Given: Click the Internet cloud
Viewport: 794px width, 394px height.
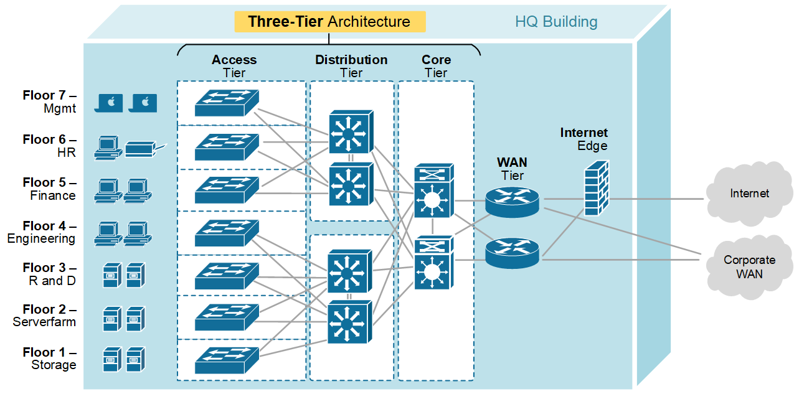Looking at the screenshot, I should (749, 194).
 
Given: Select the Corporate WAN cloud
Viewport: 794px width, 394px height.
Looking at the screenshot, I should (749, 266).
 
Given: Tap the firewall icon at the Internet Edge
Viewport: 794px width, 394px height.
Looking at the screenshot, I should (596, 188).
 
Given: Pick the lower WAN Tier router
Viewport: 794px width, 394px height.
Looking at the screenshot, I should (512, 253).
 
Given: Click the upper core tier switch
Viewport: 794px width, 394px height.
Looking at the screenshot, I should (433, 192).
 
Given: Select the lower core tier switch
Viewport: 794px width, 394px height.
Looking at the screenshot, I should (433, 263).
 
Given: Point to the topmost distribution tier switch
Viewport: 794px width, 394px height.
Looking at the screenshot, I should (350, 132).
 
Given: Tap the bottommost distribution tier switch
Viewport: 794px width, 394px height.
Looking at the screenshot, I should (350, 321).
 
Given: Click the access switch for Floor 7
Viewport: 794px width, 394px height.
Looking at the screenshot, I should (226, 103).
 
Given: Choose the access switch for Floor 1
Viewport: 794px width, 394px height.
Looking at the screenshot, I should (226, 360).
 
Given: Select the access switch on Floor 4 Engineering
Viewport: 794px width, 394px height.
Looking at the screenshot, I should (226, 232).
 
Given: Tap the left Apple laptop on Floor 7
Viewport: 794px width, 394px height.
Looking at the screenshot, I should (110, 103).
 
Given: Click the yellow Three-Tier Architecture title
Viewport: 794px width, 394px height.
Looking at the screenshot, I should (329, 22).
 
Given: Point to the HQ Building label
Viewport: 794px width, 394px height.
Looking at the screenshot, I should (555, 22).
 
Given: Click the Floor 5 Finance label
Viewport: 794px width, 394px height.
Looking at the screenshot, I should (50, 189).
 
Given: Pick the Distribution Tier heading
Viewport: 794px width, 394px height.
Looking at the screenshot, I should (351, 66).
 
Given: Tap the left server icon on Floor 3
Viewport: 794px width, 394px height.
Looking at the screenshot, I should (111, 274).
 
